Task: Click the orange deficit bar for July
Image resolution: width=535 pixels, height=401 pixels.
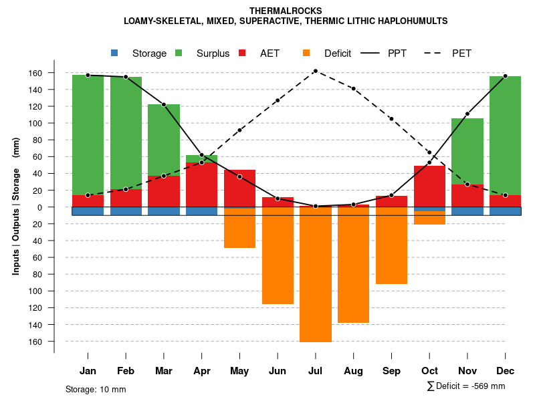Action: pyautogui.click(x=316, y=274)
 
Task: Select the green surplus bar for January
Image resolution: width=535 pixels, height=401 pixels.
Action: pyautogui.click(x=88, y=134)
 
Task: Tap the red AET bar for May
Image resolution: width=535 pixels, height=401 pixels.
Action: pyautogui.click(x=239, y=188)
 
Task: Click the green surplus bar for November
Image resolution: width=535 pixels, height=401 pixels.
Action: pyautogui.click(x=467, y=150)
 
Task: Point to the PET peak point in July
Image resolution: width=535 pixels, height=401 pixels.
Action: pyautogui.click(x=315, y=71)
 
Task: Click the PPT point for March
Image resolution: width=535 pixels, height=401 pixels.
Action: pyautogui.click(x=164, y=104)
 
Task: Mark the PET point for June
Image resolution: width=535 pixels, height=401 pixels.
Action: pyautogui.click(x=278, y=100)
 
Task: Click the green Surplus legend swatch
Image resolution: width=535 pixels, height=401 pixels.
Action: pyautogui.click(x=179, y=53)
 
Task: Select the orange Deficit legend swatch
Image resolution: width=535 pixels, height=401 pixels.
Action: pyautogui.click(x=306, y=53)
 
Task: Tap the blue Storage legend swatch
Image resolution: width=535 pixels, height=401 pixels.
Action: pyautogui.click(x=114, y=53)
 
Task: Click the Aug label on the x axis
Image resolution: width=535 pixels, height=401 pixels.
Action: pyautogui.click(x=353, y=371)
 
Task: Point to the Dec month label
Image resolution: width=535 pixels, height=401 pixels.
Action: pyautogui.click(x=505, y=371)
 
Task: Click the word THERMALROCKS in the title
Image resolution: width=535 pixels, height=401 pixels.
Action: pyautogui.click(x=286, y=11)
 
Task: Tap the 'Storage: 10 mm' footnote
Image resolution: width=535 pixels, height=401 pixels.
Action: pyautogui.click(x=96, y=389)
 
